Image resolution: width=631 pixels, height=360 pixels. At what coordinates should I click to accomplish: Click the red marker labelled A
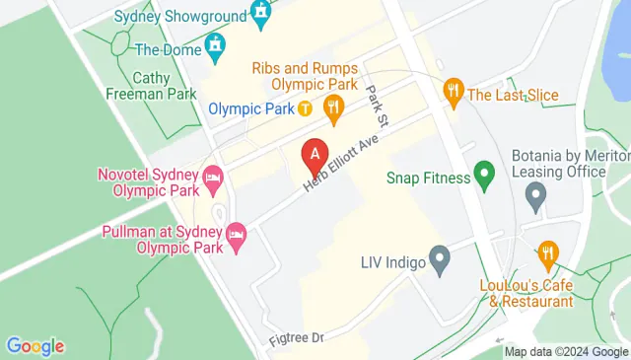click(x=315, y=156)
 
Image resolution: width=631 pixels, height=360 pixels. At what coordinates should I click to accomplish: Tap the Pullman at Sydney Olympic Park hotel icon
click(x=236, y=235)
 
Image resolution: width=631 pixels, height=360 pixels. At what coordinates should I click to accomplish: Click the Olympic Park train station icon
click(x=306, y=108)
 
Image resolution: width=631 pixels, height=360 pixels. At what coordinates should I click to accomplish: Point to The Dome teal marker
click(x=215, y=46)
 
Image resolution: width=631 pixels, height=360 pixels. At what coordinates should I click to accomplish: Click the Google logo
click(x=35, y=346)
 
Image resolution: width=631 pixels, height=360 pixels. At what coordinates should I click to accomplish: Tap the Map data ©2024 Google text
click(x=566, y=352)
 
